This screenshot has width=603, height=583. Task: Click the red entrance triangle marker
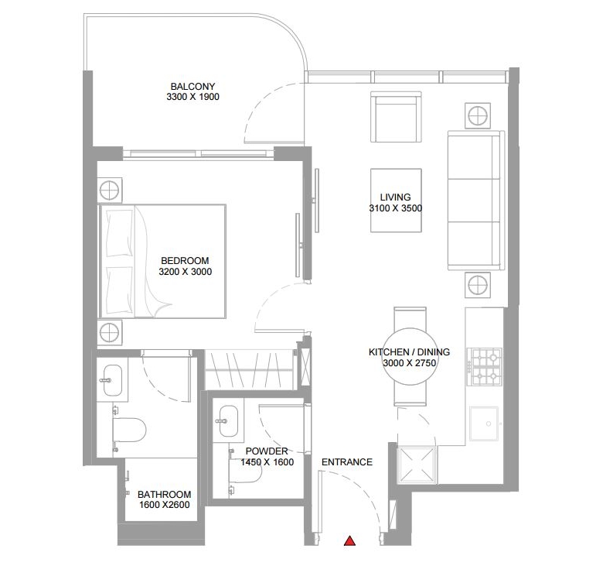349,541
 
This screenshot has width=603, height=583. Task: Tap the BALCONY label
192,86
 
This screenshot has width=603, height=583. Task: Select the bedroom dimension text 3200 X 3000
186,272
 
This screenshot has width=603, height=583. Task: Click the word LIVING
395,197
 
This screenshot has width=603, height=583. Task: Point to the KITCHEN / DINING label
409,352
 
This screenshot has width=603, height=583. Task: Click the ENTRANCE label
347,462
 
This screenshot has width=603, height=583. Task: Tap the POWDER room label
267,451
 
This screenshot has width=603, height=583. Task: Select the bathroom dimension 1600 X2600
164,505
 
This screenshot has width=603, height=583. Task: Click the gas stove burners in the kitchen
485,366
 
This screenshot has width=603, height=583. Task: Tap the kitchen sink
484,424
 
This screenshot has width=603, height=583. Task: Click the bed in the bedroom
162,262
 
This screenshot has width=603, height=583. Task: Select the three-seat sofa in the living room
476,201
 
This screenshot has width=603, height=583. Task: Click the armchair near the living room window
396,117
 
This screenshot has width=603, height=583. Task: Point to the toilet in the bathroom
129,430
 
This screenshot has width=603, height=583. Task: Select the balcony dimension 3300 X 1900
192,97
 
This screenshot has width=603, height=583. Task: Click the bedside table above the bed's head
110,190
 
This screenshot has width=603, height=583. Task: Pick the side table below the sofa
478,286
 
